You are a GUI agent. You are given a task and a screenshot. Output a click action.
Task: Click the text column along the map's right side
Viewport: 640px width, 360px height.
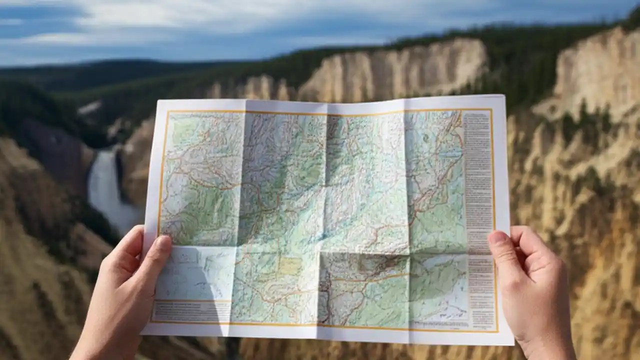tap(478, 210)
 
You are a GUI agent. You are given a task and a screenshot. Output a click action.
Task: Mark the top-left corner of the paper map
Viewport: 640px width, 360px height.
tap(158, 100)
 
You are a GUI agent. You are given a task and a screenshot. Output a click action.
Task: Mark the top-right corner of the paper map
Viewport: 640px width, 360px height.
tap(503, 95)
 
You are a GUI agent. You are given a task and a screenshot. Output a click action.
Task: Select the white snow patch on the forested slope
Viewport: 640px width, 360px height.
tap(89, 107)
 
